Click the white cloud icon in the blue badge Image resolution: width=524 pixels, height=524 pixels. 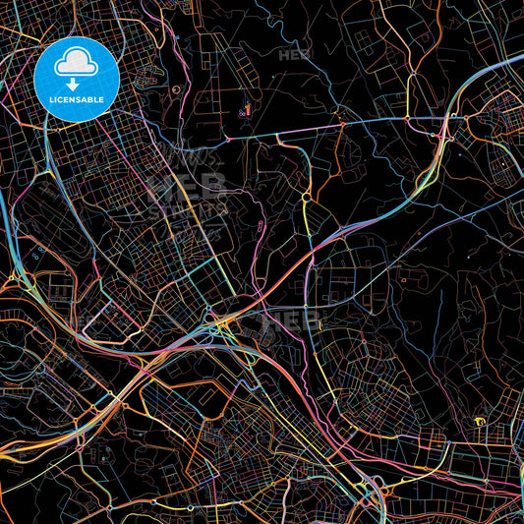(77, 64)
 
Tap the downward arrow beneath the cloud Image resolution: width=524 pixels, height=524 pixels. (77, 84)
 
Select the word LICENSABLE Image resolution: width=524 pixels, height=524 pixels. (77, 100)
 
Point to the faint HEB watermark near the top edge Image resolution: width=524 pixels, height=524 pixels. (294, 54)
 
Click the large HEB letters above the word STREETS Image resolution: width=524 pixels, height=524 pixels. (187, 186)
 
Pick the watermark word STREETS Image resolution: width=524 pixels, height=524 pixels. (187, 207)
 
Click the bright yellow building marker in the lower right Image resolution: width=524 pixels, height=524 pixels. (480, 422)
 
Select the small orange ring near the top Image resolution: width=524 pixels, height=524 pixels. (176, 89)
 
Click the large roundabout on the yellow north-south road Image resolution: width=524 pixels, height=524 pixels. (307, 200)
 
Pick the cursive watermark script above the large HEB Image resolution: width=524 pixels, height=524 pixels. (187, 157)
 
